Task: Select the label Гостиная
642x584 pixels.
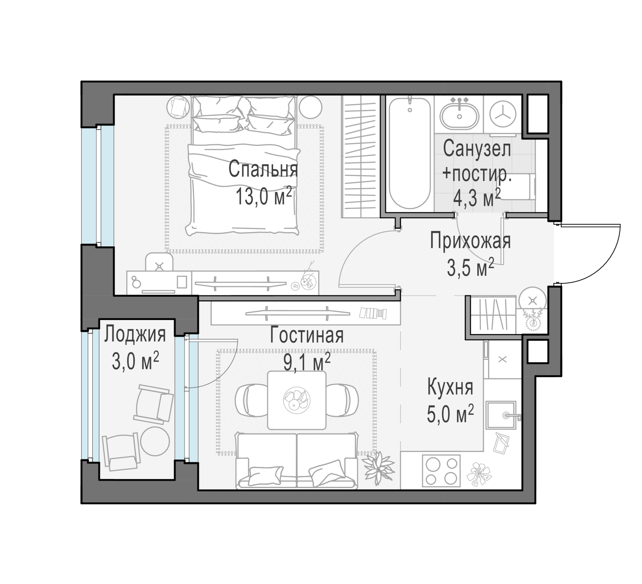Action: point(307,336)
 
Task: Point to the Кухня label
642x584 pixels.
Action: point(450,387)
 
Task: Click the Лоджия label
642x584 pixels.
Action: point(135,334)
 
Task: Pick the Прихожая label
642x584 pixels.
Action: point(470,241)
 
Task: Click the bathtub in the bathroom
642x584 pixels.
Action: point(409,153)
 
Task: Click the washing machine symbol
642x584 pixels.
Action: point(503,114)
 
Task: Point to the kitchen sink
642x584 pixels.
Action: point(500,416)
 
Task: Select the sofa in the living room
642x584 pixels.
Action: point(296,460)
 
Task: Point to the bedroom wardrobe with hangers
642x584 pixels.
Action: point(360,157)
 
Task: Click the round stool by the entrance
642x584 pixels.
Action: point(533,300)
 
